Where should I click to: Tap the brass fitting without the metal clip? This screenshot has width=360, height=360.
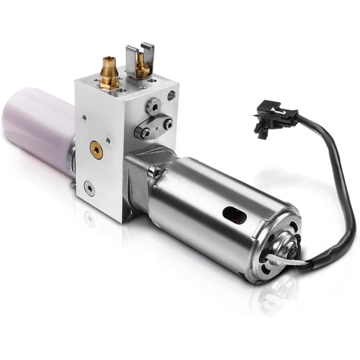[x=109, y=73]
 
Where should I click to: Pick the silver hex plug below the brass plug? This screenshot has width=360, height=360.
[x=90, y=187]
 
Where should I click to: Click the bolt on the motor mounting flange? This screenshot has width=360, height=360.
[x=156, y=172]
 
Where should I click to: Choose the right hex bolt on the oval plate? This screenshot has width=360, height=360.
[x=168, y=124]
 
